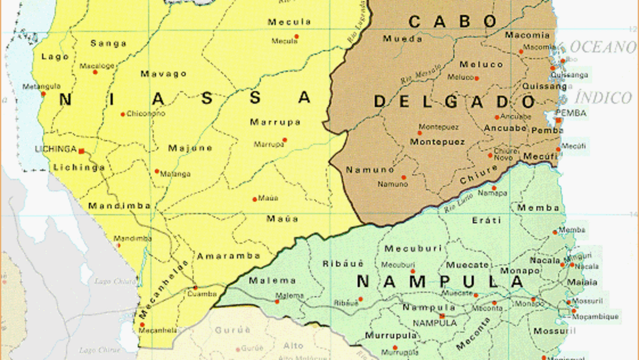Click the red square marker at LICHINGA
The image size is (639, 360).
81,150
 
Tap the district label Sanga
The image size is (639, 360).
108,43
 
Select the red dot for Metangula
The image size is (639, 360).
43,94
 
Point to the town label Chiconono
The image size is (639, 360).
145,114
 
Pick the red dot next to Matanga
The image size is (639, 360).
157,171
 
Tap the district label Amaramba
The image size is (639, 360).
228,256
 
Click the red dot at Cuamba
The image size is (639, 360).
195,288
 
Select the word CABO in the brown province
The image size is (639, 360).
453,21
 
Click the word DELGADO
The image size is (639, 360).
454,102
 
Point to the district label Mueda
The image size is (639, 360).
402,38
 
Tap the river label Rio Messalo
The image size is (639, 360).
421,74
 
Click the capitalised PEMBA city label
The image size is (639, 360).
571,113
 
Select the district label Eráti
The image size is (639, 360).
486,220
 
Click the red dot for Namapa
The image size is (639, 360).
494,188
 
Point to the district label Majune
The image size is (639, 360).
190,148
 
